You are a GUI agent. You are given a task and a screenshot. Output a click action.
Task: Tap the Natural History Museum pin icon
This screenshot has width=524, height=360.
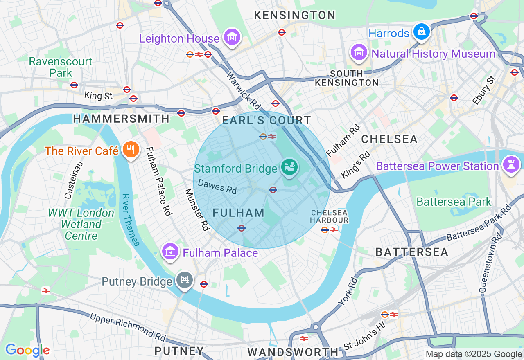[x=359, y=53]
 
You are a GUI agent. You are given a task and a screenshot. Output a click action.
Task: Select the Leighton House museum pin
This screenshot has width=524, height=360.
[x=232, y=38]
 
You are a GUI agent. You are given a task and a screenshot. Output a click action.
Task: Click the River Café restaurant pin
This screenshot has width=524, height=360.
[x=131, y=150]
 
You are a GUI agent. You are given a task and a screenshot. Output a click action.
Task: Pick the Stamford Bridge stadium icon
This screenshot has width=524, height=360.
[x=289, y=167]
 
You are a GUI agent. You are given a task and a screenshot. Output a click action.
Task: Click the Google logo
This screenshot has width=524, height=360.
[x=27, y=350]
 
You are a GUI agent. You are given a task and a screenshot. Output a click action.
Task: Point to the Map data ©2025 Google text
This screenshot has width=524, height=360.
[x=474, y=354]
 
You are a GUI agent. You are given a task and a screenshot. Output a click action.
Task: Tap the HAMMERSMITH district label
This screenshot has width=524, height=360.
[x=121, y=119]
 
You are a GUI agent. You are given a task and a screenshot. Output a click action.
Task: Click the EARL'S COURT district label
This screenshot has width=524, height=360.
[x=267, y=121]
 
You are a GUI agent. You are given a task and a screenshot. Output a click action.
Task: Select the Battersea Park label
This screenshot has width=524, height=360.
[x=454, y=202]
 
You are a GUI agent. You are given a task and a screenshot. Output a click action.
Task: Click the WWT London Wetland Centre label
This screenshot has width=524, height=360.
[x=81, y=225]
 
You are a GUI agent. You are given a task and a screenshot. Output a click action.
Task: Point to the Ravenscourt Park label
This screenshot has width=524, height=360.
[x=61, y=67]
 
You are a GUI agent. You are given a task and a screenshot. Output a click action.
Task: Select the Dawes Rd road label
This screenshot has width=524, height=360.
[x=217, y=187]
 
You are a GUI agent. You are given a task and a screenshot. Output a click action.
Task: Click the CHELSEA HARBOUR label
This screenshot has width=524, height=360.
[x=329, y=216]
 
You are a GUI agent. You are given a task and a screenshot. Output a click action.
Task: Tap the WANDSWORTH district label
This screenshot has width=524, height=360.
[x=293, y=352]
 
